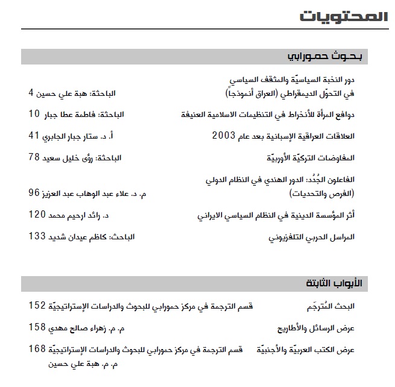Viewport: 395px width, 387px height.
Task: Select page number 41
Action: (x=34, y=136)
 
